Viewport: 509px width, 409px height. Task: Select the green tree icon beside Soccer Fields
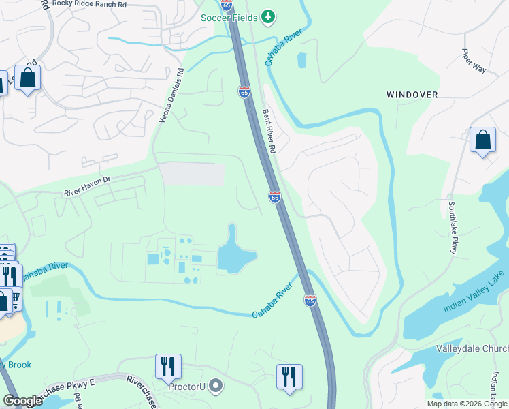pos(269,16)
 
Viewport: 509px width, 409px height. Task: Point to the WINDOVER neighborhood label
pos(412,95)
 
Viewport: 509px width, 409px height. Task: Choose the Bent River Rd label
pos(268,131)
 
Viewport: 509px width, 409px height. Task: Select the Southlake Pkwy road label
pos(453,227)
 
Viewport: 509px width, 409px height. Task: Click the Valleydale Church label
pos(472,348)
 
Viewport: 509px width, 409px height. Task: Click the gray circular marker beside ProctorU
pos(216,387)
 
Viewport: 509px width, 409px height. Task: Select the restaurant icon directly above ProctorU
pos(167,366)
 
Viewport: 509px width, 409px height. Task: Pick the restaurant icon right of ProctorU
pos(289,376)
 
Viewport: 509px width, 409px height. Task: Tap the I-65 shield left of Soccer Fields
pos(227,3)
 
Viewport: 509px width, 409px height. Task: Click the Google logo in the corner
pos(22,401)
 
